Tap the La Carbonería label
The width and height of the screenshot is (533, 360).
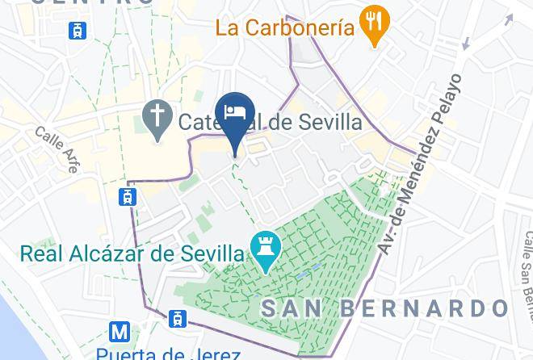[x=284, y=28]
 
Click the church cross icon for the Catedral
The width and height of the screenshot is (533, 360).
[x=154, y=119]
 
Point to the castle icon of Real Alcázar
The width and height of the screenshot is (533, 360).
[x=264, y=253]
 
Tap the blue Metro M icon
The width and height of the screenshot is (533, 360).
[x=120, y=331]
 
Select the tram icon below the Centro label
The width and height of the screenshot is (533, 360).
[x=78, y=31]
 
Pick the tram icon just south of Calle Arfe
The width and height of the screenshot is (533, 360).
[x=128, y=196]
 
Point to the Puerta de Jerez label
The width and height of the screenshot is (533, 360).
[x=168, y=354]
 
